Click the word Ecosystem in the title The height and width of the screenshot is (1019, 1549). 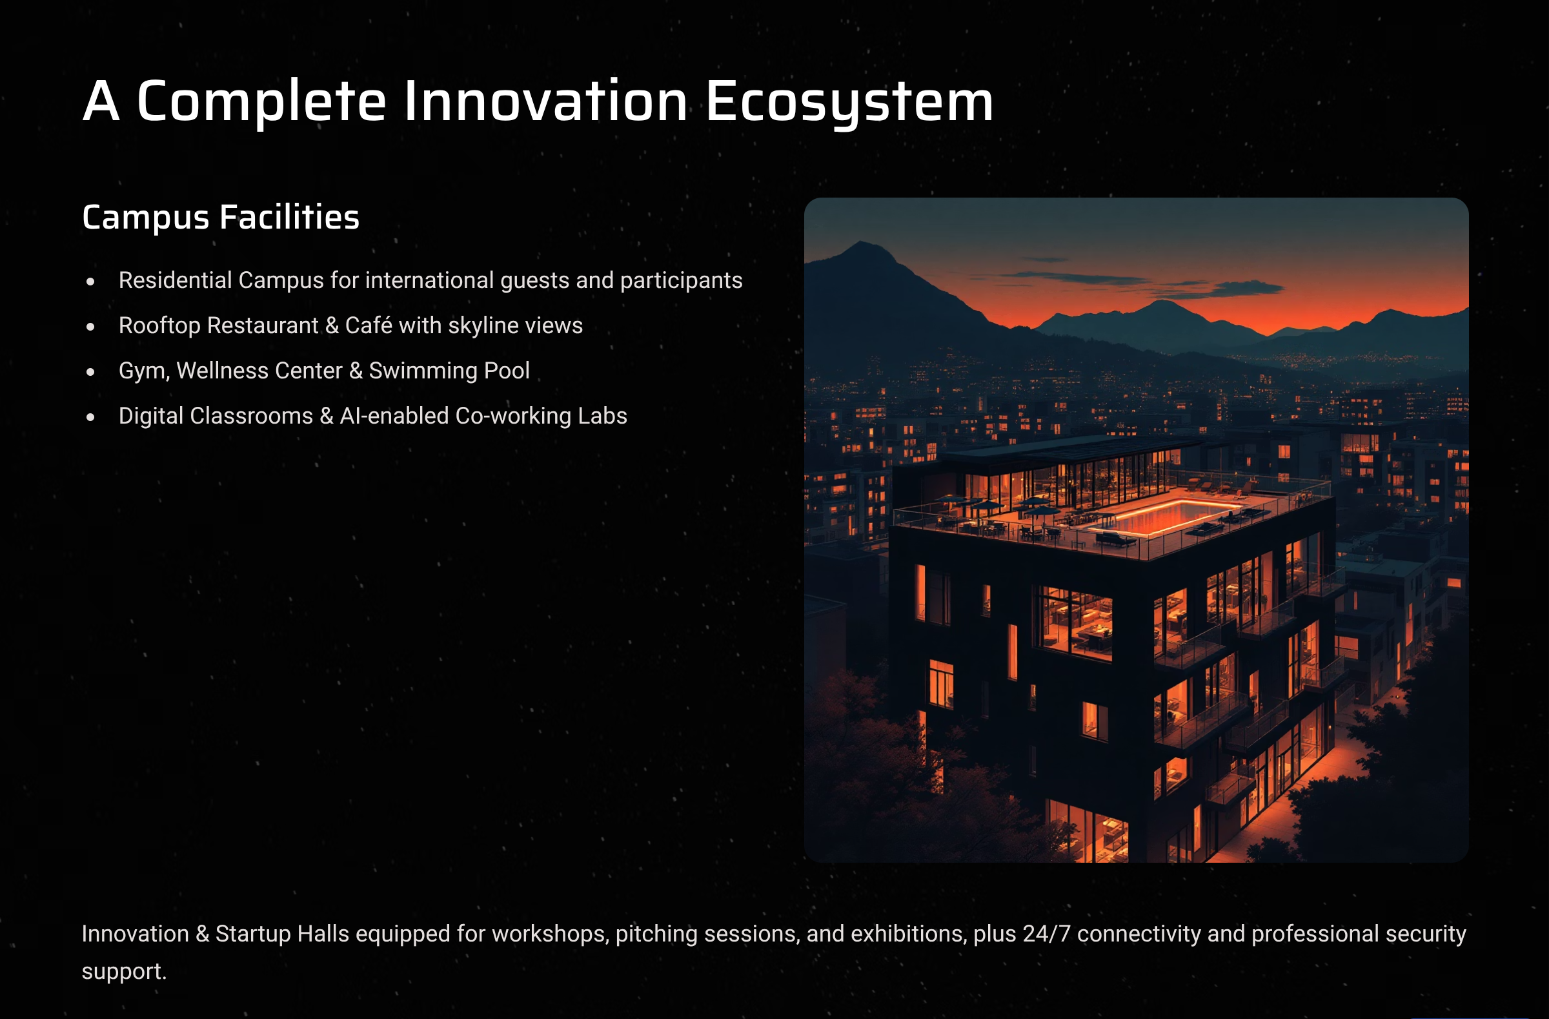pyautogui.click(x=849, y=101)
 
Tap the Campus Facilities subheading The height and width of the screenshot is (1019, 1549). pyautogui.click(x=221, y=217)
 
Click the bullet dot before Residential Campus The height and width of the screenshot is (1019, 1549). pyautogui.click(x=90, y=282)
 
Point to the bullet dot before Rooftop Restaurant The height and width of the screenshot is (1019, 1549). pyautogui.click(x=90, y=326)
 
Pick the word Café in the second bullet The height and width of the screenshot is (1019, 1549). pyautogui.click(x=369, y=325)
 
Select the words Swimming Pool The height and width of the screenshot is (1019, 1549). pyautogui.click(x=449, y=371)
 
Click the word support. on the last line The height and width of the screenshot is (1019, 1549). pyautogui.click(x=125, y=971)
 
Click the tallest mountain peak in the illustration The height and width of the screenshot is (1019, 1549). pyautogui.click(x=862, y=243)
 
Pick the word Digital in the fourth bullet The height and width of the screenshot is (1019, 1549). pyautogui.click(x=150, y=415)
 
